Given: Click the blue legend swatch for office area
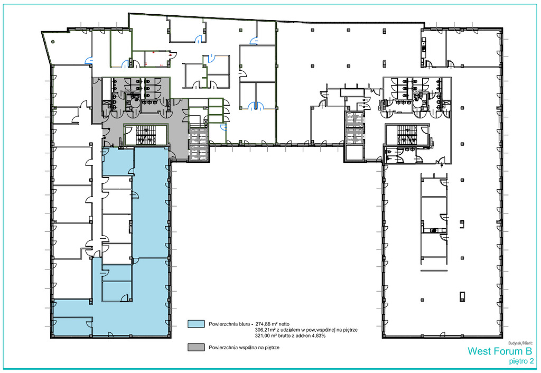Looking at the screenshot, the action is point(196,324).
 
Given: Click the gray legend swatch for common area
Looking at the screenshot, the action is point(196,347).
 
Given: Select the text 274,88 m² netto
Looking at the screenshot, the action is point(272,324).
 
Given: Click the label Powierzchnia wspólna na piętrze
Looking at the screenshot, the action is point(244,348).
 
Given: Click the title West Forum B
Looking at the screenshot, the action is point(500,351).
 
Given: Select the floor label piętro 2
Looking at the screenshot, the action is point(520,361).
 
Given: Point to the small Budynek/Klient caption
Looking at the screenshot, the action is point(520,343).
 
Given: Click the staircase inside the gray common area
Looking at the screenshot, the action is point(146,135).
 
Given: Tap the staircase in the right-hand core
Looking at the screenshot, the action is point(407,135).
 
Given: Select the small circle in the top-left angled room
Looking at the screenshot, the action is point(53,42).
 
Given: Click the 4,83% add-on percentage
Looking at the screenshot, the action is point(319,335).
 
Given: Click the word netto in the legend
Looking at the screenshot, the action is point(283,324).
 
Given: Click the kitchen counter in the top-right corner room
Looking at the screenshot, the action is point(424,45).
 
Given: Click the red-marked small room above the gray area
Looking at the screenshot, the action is point(157,59).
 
